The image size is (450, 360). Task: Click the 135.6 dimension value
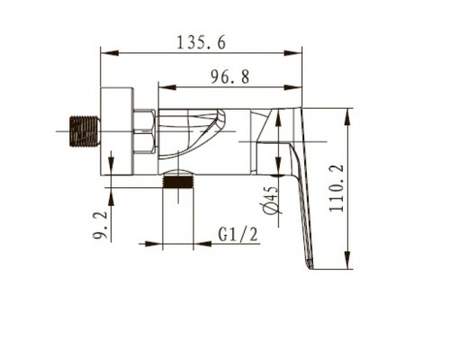[201, 42]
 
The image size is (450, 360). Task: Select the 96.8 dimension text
[229, 76]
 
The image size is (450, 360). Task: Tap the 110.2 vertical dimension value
[337, 188]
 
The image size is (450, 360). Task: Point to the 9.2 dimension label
[100, 225]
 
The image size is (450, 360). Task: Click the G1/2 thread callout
[238, 234]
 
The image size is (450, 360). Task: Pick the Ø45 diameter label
[271, 201]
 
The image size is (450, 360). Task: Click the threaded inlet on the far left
[84, 131]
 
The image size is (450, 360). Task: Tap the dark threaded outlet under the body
[178, 182]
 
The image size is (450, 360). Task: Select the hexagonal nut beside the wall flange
[145, 131]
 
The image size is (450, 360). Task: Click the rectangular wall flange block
[117, 131]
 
